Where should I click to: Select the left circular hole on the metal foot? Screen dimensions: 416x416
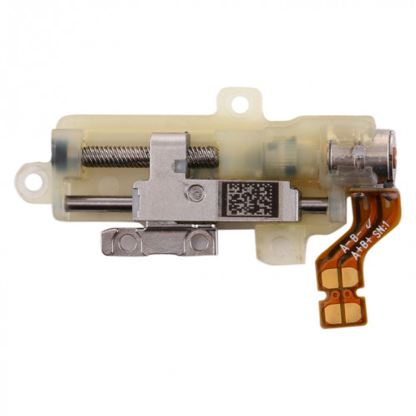[x=126, y=242]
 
